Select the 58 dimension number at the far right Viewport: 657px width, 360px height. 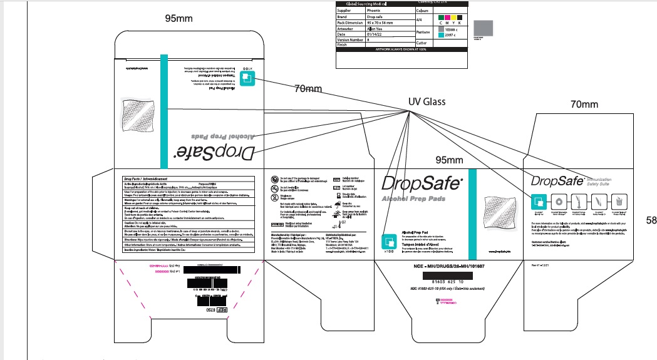651,220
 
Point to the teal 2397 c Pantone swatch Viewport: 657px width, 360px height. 441,35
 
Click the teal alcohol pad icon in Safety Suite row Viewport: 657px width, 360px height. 538,202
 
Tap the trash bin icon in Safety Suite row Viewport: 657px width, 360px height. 619,202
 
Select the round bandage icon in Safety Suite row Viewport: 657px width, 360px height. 558,202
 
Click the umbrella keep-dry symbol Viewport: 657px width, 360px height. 337,204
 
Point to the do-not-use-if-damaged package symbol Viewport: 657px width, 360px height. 275,179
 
